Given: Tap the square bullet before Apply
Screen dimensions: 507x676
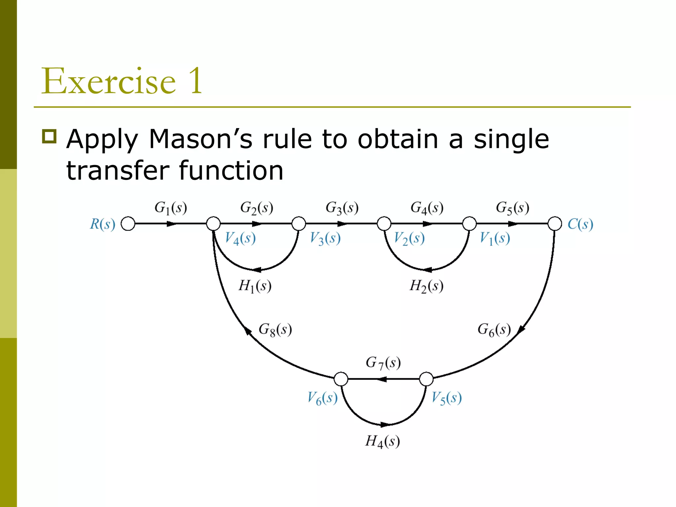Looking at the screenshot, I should coord(50,136).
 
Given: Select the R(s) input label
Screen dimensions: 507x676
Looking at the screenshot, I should coord(103,224).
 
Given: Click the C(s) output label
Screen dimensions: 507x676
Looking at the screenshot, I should coord(580,224).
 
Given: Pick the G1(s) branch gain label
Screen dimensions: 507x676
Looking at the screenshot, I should coord(171,208).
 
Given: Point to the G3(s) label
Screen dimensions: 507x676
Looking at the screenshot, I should coord(342,208).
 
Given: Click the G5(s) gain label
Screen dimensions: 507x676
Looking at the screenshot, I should coord(512,208).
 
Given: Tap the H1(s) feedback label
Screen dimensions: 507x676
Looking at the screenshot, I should coord(255,286).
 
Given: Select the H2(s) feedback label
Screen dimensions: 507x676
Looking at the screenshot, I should coord(426,286).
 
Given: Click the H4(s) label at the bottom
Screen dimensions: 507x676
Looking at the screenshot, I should coord(382,441).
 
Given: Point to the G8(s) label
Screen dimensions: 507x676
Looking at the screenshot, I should coord(275,330).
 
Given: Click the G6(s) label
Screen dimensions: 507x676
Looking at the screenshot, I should coord(494,330).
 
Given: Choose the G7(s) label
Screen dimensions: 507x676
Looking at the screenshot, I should coord(383,363).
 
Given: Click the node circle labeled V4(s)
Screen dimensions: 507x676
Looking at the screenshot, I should coord(213,223).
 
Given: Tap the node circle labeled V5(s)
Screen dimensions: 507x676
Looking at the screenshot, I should coord(426,379).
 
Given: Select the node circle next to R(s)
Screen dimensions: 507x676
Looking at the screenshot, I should coord(128,223).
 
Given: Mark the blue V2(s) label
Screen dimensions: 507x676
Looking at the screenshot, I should coord(409,238).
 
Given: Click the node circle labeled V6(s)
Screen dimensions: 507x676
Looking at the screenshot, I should coord(341,379).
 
